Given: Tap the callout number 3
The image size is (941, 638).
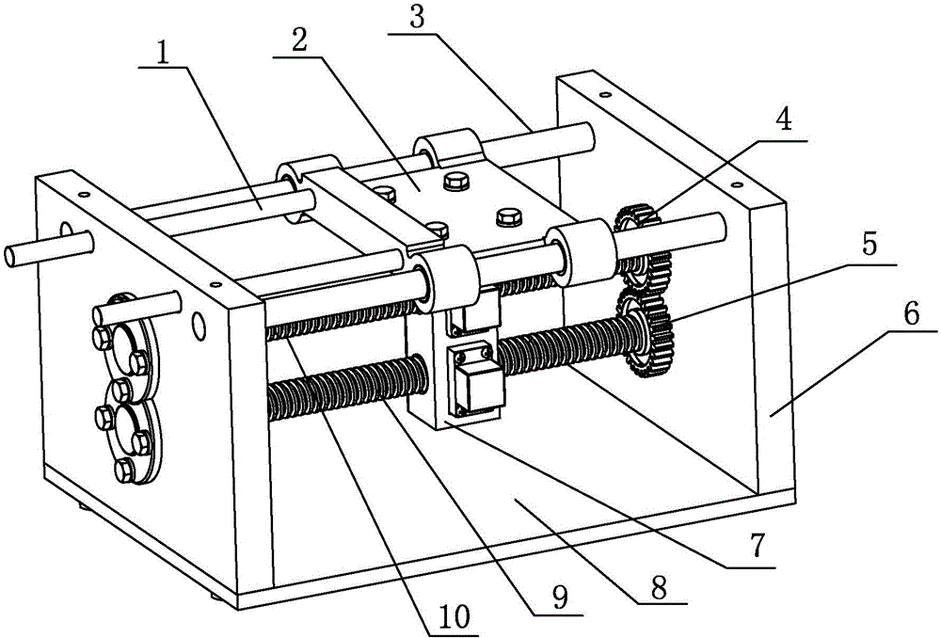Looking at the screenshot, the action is pos(417,18).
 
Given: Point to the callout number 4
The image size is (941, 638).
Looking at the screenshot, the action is pos(783,120).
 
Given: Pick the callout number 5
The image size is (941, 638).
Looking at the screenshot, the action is pos(869,245).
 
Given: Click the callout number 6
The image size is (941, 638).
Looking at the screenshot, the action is pos(911,312).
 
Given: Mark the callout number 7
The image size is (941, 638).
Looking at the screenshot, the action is pos(758,547).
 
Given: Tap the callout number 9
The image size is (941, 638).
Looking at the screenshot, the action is pos(561,598).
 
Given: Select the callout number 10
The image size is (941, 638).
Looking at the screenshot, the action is pos(455,617).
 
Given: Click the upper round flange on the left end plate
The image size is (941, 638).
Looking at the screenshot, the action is pos(127,343).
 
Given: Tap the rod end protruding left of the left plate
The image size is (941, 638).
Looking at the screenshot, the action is pos(48,249).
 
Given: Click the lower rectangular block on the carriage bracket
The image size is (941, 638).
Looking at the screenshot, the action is pos(477,380).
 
